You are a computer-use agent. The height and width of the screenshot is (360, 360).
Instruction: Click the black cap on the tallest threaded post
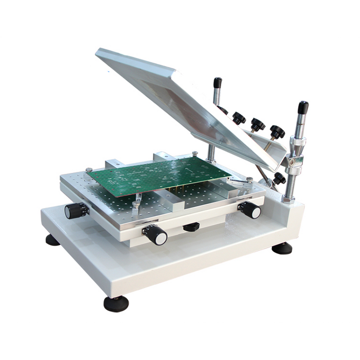pos(303,108)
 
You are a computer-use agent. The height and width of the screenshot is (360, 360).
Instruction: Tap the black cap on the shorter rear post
pos(218,83)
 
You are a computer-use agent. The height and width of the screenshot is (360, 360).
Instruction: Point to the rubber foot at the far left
pos(53,240)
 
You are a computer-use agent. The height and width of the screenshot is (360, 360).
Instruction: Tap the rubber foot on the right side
pos(282,248)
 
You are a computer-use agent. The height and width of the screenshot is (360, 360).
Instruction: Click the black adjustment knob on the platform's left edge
pos(75,210)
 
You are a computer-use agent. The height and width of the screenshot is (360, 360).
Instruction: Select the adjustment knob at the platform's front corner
pos(156,234)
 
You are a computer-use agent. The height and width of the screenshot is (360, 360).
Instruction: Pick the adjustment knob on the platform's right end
pos(250,210)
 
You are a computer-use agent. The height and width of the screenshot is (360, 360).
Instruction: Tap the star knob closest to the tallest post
pos(278,131)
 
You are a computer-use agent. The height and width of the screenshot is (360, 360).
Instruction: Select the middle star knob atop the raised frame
pos(258,124)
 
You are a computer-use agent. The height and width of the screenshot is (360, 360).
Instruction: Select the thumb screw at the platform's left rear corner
pos(89,170)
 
